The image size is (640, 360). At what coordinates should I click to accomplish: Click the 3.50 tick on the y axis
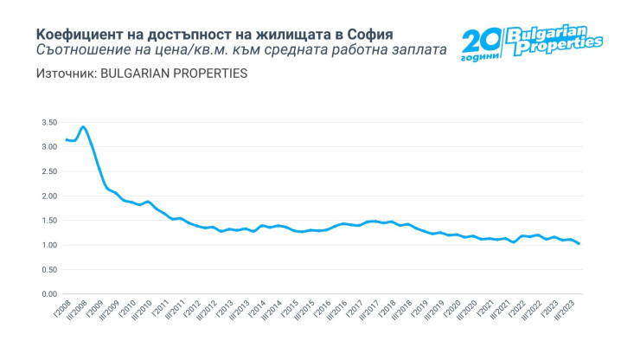tap(48, 123)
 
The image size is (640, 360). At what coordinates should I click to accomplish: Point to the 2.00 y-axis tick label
tap(48, 196)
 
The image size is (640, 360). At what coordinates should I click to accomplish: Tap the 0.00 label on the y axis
tap(48, 294)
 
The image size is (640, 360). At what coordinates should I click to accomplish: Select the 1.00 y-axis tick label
tap(48, 246)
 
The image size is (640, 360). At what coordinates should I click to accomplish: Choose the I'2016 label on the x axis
tap(323, 309)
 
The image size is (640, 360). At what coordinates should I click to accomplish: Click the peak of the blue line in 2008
tap(83, 127)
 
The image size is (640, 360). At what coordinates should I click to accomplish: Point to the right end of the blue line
tap(579, 244)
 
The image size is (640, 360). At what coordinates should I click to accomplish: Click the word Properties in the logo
tap(558, 46)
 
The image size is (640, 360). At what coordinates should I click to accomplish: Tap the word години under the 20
tap(481, 57)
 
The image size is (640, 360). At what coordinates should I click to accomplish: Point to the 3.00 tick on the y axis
tap(48, 147)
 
